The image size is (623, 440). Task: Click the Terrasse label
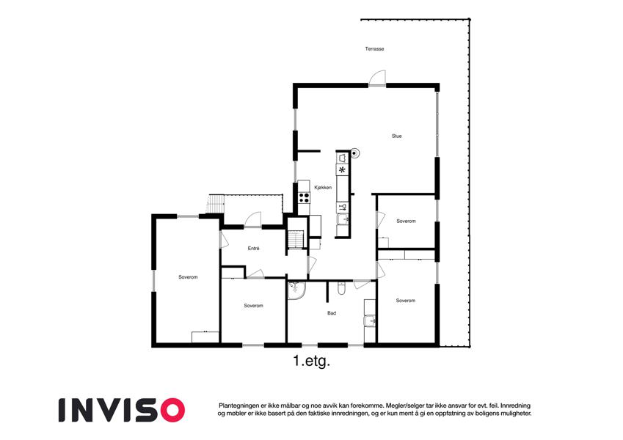(374, 49)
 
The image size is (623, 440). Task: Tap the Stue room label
(396, 136)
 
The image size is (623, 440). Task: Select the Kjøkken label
(323, 188)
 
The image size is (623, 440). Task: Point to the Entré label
(253, 248)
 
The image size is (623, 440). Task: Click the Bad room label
(332, 313)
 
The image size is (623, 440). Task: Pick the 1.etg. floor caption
(312, 362)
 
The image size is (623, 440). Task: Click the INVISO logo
(122, 410)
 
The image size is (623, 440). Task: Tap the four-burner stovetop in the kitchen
(304, 197)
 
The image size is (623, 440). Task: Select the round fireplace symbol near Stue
(354, 153)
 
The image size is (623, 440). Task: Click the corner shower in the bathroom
(296, 290)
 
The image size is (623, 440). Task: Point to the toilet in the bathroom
(341, 288)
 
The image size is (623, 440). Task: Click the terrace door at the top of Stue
(377, 78)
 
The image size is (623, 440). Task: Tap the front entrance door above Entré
(252, 219)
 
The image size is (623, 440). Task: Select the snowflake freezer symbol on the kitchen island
(342, 170)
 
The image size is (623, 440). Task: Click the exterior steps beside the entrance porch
(215, 204)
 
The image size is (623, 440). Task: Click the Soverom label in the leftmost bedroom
(188, 277)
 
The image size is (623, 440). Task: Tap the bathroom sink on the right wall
(370, 320)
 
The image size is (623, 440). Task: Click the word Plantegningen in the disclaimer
(238, 406)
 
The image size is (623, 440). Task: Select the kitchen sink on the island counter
(343, 219)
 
